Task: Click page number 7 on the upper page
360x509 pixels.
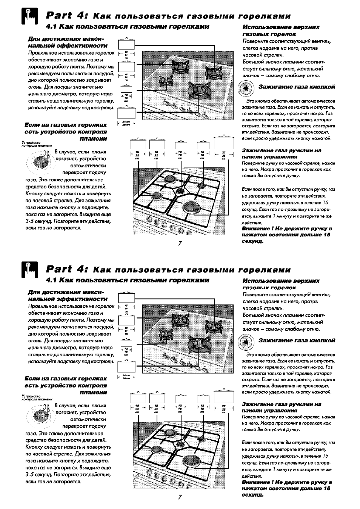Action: tap(180, 243)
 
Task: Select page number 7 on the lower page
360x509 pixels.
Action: tap(180, 497)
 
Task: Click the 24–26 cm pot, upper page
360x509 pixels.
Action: tap(126, 113)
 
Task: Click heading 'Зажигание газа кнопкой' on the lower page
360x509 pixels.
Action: tap(297, 340)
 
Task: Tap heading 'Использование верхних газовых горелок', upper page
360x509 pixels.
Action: tap(281, 31)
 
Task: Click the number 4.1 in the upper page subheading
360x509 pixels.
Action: tap(51, 27)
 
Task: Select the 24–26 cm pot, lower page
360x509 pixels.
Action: tap(126, 366)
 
